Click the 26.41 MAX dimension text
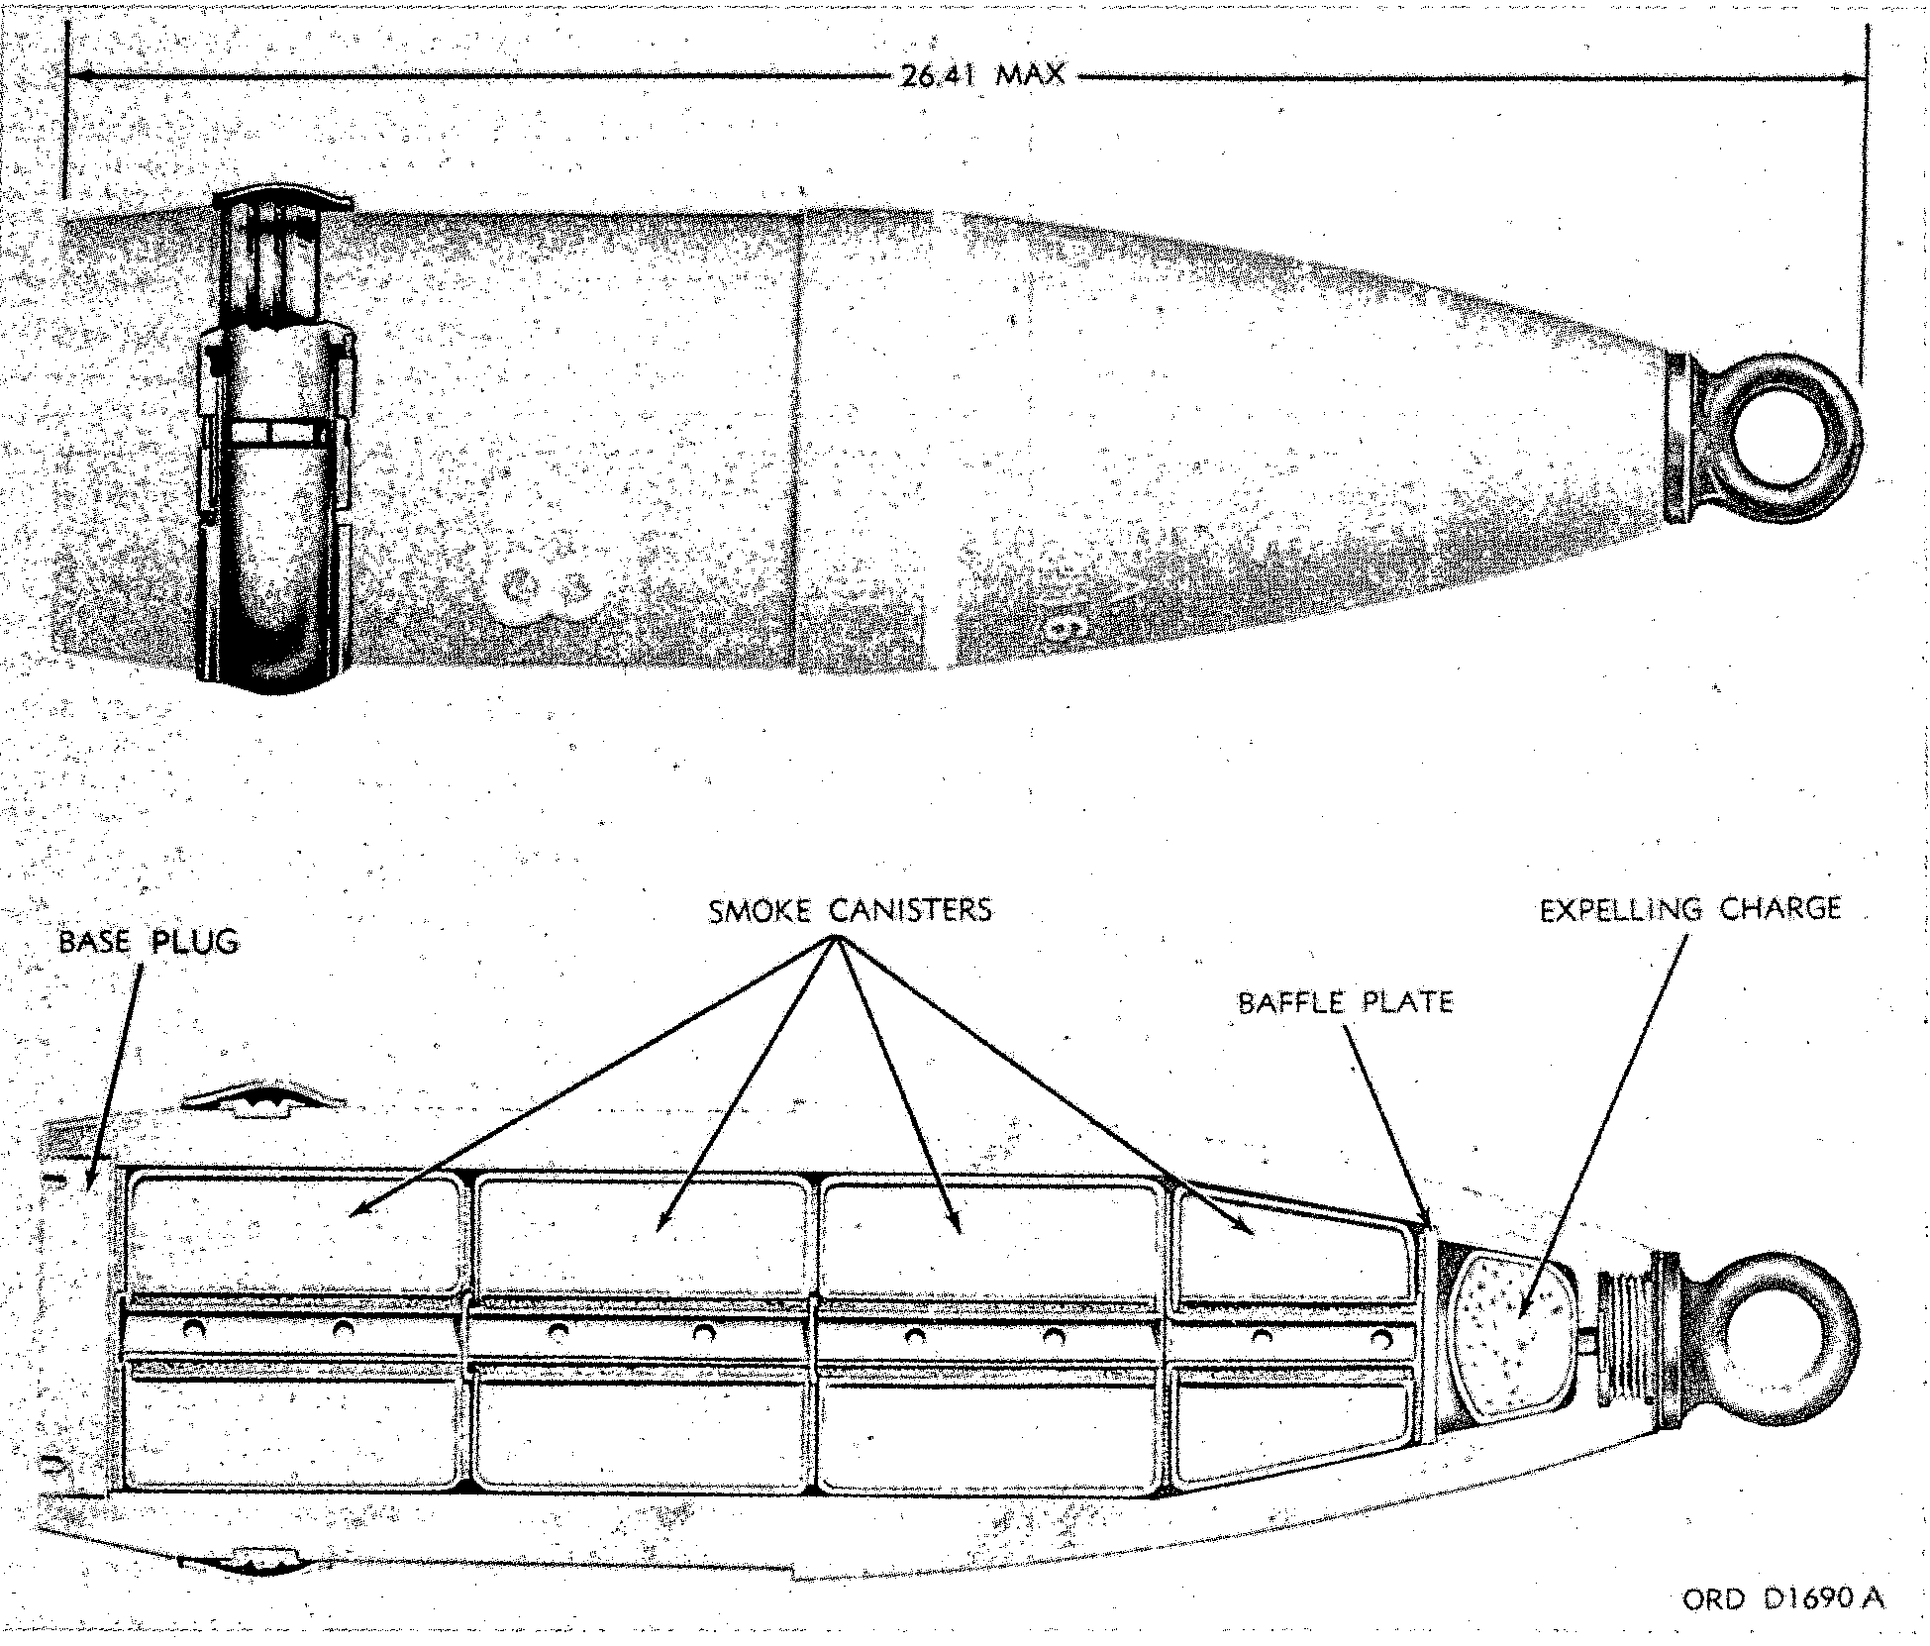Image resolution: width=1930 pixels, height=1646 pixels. click(x=981, y=74)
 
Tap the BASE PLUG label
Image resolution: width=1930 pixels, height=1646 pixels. click(x=149, y=941)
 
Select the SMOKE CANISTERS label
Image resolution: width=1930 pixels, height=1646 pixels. click(x=850, y=910)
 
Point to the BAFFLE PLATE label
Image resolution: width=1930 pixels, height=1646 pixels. click(x=1345, y=1002)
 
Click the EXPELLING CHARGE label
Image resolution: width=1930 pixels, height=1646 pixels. click(x=1689, y=909)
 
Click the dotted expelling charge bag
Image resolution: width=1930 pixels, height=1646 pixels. click(x=1508, y=1334)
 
